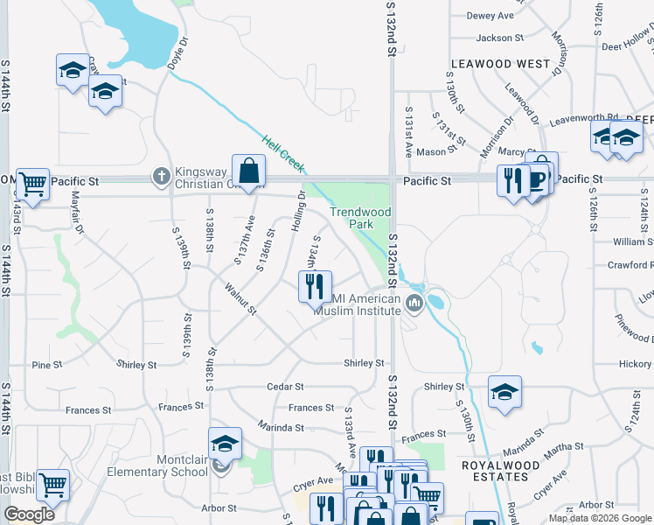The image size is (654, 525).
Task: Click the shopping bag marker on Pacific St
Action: click(249, 171)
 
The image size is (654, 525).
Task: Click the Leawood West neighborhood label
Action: click(500, 64)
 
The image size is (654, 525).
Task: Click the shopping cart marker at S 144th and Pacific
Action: click(32, 185)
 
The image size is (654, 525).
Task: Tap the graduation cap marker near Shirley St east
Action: click(504, 392)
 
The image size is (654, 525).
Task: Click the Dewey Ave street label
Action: click(491, 16)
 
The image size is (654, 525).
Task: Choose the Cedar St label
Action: click(286, 386)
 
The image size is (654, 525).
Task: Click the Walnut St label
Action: click(240, 298)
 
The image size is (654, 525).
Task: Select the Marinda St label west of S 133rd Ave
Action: click(281, 428)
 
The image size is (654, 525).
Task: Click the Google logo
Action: click(28, 514)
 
